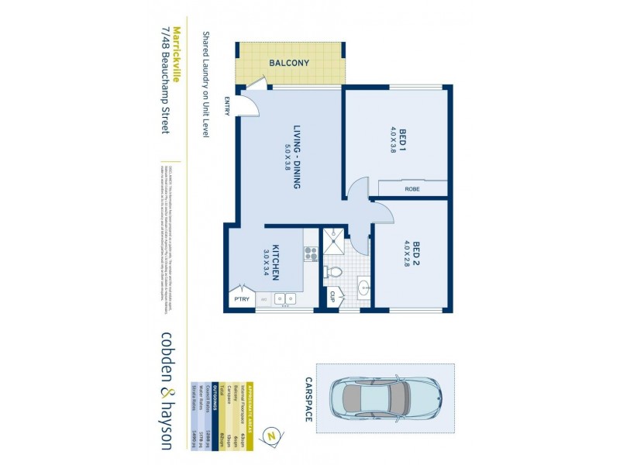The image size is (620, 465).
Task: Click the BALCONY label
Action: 290,64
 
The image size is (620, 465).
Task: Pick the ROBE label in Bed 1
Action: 412,188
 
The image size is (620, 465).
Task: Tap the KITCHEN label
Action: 276,263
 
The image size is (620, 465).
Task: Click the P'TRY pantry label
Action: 240,298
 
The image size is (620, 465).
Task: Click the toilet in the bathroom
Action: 333,272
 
